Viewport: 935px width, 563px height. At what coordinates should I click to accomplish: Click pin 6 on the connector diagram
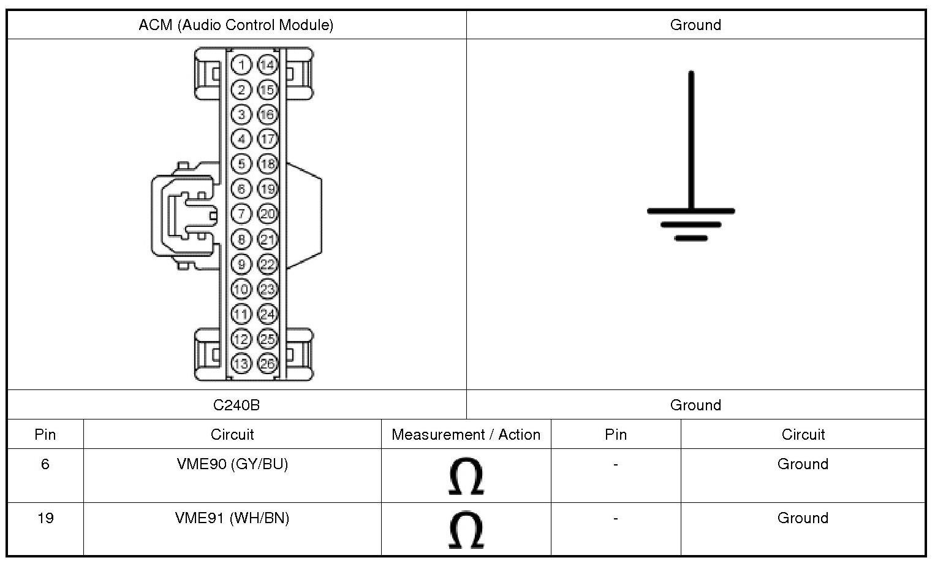241,189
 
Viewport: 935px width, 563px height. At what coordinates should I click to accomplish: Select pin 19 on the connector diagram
267,189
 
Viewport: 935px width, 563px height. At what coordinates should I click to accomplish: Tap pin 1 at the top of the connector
241,65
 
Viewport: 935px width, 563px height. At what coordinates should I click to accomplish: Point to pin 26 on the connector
267,363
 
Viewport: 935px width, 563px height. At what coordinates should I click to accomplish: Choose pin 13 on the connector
241,363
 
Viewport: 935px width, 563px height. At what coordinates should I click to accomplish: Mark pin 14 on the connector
267,65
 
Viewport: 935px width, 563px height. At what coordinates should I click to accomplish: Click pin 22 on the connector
267,264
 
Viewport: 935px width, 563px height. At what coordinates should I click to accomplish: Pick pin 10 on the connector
241,289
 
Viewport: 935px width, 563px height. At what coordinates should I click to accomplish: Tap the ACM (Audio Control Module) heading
236,25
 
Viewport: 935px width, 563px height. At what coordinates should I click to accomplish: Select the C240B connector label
236,405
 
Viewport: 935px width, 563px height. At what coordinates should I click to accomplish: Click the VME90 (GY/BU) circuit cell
232,464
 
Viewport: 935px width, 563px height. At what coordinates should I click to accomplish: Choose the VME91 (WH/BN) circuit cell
232,518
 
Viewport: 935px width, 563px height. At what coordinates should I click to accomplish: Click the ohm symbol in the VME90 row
466,476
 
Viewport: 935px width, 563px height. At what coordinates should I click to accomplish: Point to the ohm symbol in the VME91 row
466,530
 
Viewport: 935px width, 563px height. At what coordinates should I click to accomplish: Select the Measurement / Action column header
466,435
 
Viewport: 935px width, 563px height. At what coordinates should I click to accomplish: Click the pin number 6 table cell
45,464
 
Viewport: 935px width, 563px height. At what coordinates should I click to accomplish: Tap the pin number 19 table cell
45,518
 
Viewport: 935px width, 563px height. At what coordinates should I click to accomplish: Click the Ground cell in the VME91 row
803,518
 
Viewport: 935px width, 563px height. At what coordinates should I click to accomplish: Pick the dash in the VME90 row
615,464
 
